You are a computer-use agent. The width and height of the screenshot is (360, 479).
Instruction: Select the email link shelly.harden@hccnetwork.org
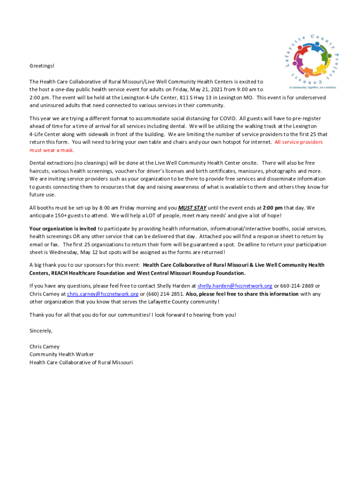pyautogui.click(x=235, y=285)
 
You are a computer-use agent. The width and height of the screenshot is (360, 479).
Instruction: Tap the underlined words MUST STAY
pyautogui.click(x=192, y=208)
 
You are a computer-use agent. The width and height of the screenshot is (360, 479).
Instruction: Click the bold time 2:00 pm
pyautogui.click(x=273, y=208)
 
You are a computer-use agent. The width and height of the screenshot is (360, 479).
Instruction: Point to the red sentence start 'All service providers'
pyautogui.click(x=298, y=142)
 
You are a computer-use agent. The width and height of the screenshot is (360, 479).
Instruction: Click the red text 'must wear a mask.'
pyautogui.click(x=52, y=150)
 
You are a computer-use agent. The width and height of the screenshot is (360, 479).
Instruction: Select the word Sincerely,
pyautogui.click(x=41, y=331)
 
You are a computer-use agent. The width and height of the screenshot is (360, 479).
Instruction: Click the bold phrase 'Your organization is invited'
pyautogui.click(x=63, y=228)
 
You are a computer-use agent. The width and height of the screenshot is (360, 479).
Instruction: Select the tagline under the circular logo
pyautogui.click(x=313, y=87)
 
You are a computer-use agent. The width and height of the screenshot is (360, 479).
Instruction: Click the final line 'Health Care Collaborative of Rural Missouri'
pyautogui.click(x=81, y=362)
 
